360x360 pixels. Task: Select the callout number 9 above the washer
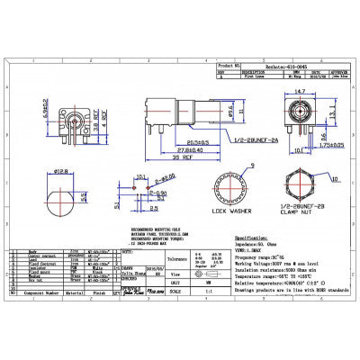239,166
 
